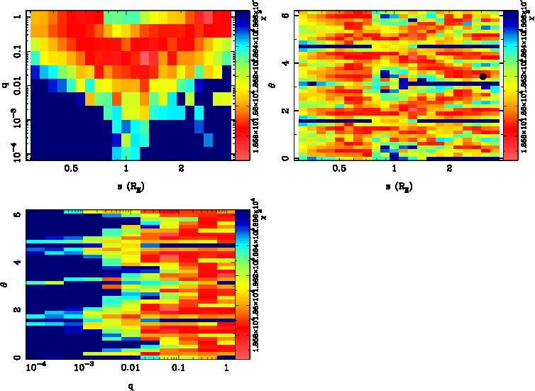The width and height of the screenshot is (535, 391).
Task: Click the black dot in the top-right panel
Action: coord(483,77)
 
